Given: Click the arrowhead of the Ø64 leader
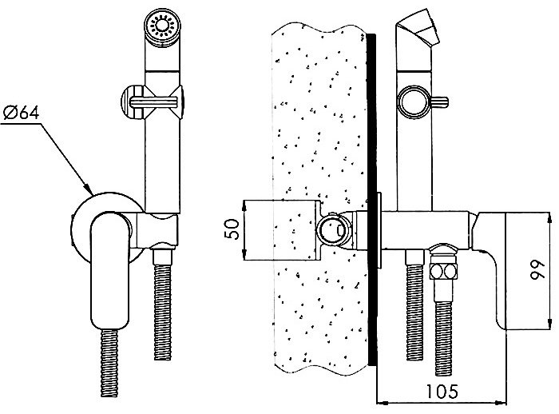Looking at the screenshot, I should [87, 190].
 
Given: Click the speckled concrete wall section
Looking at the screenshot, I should [319, 120].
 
